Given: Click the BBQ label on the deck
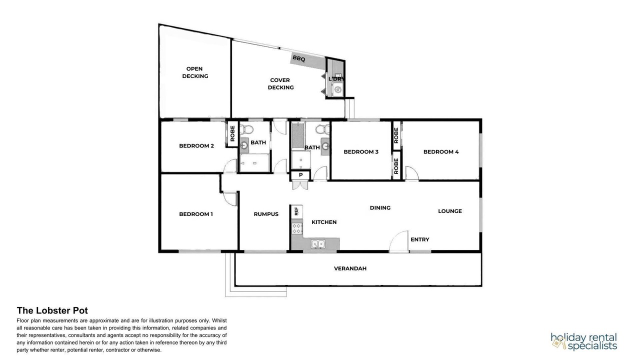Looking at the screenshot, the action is pyautogui.click(x=299, y=58).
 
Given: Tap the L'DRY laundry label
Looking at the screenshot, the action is pyautogui.click(x=336, y=79).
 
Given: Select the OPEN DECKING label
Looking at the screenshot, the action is pyautogui.click(x=195, y=72).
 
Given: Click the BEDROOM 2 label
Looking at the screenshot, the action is pyautogui.click(x=196, y=145).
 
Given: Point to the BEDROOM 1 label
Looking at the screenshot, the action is pyautogui.click(x=195, y=214).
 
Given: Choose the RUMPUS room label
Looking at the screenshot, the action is pyautogui.click(x=266, y=214).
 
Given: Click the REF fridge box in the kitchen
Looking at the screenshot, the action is pyautogui.click(x=296, y=211).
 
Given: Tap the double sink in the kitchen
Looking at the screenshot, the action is pyautogui.click(x=318, y=244).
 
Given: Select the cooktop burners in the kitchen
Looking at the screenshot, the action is pyautogui.click(x=297, y=229).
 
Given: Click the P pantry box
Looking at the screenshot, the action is pyautogui.click(x=300, y=175).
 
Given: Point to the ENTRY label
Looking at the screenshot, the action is pyautogui.click(x=419, y=239).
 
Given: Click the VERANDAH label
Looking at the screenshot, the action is pyautogui.click(x=350, y=268).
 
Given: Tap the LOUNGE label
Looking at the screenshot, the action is pyautogui.click(x=449, y=211).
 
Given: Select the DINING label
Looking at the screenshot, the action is pyautogui.click(x=380, y=207).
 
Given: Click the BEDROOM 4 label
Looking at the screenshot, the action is pyautogui.click(x=441, y=151).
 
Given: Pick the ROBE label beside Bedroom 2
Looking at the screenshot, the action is pyautogui.click(x=232, y=133).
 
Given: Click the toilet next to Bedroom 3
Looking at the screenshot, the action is pyautogui.click(x=322, y=129).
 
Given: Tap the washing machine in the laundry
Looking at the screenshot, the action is pyautogui.click(x=338, y=90).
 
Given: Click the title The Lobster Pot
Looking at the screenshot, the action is pyautogui.click(x=52, y=310).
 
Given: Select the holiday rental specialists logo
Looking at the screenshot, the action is pyautogui.click(x=583, y=341).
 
